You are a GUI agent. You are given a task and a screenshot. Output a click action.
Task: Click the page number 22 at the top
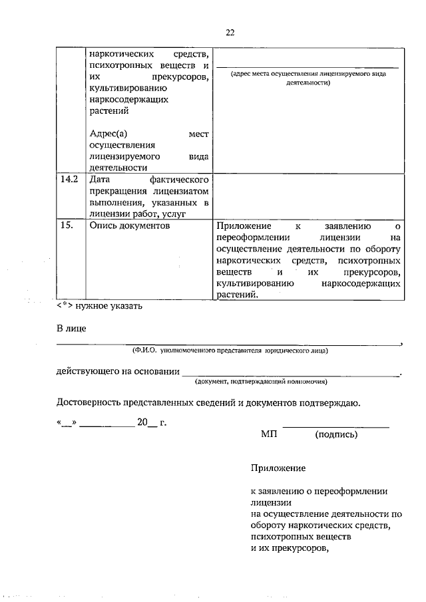click(230, 32)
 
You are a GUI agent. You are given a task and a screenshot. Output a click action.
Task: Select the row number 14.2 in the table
click(69, 180)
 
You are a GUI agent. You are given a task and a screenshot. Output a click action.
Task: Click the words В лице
click(71, 328)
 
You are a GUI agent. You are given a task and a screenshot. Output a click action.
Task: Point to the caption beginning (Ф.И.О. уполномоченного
click(230, 349)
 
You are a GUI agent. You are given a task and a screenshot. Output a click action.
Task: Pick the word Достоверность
click(89, 402)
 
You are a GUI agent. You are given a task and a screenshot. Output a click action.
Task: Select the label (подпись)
click(336, 434)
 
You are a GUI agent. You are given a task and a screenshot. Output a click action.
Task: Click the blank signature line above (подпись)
click(336, 426)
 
